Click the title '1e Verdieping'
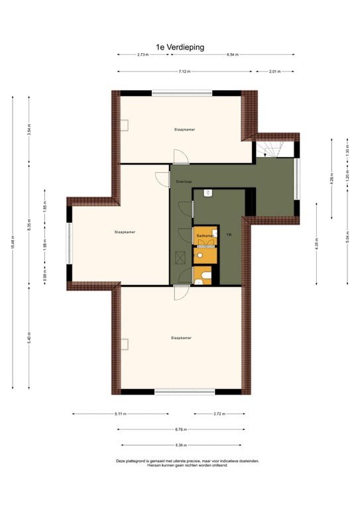point(180,47)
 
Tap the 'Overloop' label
point(184,181)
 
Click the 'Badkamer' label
point(204,236)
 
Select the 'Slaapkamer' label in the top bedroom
point(184,129)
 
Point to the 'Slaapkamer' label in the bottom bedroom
point(181,338)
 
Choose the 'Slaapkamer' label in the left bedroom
point(125,232)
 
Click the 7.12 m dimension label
point(184,71)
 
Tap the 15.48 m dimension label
point(13,243)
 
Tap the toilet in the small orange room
point(206,276)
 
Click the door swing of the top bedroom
point(180,156)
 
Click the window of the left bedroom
point(68,243)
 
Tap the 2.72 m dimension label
point(219,414)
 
